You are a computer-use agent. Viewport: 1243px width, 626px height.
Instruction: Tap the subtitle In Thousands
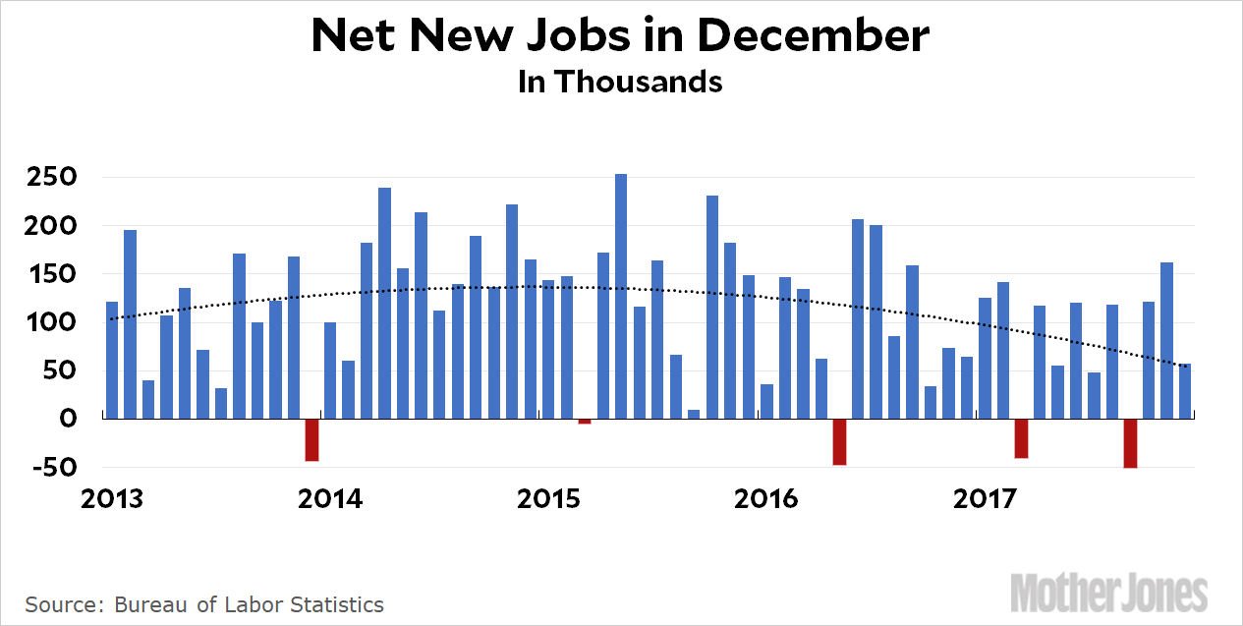(620, 82)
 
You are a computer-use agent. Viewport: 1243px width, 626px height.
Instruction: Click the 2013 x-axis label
(112, 499)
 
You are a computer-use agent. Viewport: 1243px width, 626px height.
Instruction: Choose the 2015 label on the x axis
(548, 499)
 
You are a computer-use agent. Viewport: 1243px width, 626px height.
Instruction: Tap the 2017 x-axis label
(985, 499)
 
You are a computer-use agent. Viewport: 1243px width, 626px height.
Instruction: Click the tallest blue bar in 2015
(621, 296)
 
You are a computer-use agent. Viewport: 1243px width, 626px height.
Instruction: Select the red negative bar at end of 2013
(312, 439)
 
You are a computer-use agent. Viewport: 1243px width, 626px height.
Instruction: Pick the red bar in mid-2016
(839, 441)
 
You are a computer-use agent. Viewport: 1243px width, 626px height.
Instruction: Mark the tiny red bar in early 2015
(585, 421)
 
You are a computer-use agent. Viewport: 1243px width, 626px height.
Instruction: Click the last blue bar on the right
(1185, 391)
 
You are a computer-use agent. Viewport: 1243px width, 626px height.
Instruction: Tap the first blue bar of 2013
(112, 360)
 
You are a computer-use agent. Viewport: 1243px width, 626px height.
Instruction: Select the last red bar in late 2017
(1130, 442)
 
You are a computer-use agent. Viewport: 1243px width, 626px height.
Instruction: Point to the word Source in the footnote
(57, 604)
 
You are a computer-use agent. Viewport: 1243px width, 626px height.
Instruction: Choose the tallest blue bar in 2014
(384, 303)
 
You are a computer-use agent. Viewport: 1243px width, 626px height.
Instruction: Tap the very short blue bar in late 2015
(694, 414)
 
